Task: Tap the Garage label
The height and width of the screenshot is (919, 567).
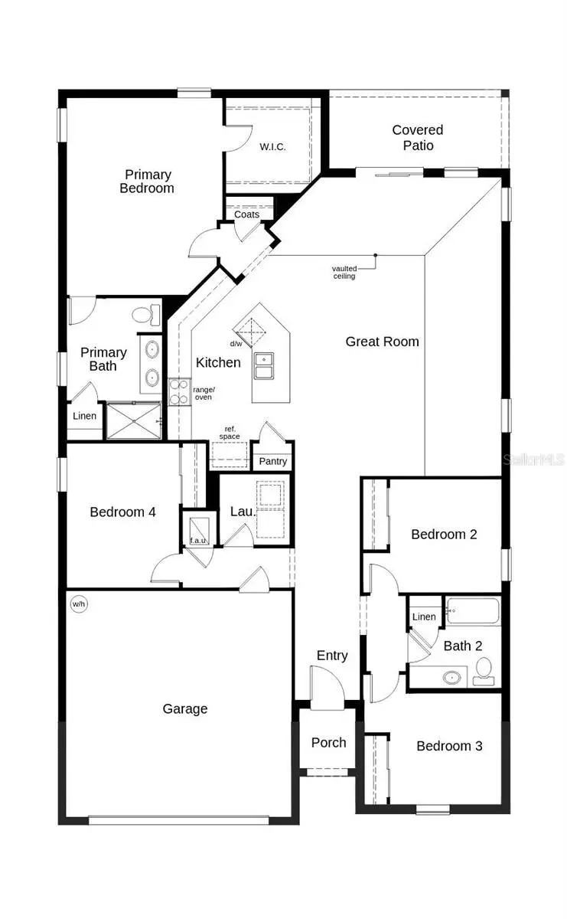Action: tap(185, 709)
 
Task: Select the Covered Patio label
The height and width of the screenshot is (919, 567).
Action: tap(418, 138)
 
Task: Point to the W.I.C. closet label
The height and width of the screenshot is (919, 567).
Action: tap(272, 146)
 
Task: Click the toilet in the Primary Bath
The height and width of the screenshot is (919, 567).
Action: tap(144, 314)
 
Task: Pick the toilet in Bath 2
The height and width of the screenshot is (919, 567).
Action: tap(483, 671)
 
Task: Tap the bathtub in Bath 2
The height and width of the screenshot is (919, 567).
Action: tap(472, 612)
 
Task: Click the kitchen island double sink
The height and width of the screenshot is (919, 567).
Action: tap(266, 367)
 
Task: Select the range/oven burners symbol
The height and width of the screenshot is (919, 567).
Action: tap(178, 391)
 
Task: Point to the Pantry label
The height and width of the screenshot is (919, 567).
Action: tap(272, 461)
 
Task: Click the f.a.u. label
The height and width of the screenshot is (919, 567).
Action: tap(198, 541)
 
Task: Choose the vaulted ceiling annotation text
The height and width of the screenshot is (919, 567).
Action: tap(344, 272)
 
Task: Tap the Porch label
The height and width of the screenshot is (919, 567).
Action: tap(328, 742)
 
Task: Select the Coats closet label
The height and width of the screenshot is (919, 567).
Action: tap(246, 214)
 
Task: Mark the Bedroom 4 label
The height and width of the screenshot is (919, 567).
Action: tap(123, 512)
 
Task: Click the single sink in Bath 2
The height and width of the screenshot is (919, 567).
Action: tap(453, 676)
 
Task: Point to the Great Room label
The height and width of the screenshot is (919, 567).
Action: tap(383, 342)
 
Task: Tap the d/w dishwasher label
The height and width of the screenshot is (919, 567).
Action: tap(236, 344)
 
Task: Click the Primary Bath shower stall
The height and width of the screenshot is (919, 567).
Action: tap(133, 420)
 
